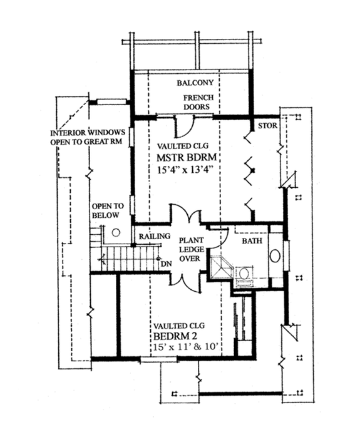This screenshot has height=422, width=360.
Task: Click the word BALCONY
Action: click(195, 83)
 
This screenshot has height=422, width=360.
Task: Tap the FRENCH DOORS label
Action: click(200, 103)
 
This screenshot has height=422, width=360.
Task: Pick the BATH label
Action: click(252, 240)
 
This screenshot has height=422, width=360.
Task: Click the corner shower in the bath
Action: click(220, 266)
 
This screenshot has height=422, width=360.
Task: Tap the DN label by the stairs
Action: click(166, 264)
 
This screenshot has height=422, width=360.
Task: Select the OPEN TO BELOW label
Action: click(108, 210)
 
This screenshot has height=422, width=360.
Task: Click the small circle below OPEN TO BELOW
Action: click(116, 231)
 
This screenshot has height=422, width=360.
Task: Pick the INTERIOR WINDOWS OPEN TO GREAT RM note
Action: click(90, 137)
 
